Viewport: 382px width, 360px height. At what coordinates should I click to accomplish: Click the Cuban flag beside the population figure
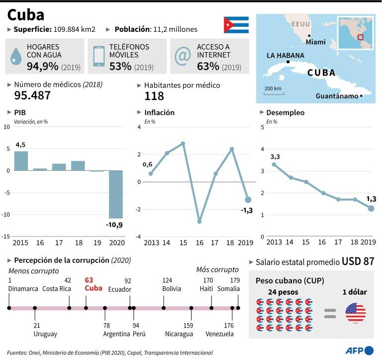click(236, 24)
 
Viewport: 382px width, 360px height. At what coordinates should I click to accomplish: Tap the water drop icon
click(16, 56)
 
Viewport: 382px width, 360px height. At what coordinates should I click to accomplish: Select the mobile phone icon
click(98, 56)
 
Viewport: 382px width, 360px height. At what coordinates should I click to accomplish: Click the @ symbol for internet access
click(183, 56)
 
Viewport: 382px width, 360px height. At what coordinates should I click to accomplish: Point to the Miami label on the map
click(315, 42)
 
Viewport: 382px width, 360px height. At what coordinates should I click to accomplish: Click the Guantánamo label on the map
click(337, 96)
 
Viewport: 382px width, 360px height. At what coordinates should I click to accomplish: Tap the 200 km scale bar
click(274, 94)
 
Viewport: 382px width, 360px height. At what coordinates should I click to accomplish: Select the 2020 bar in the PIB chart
click(116, 194)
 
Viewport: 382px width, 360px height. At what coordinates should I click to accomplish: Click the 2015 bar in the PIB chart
click(21, 161)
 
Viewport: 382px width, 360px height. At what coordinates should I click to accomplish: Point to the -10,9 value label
click(114, 225)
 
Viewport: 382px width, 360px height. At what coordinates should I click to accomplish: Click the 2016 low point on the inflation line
click(199, 222)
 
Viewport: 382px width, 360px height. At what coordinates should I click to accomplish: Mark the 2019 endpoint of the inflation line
click(248, 200)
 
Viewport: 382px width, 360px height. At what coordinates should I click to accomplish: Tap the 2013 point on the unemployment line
click(274, 164)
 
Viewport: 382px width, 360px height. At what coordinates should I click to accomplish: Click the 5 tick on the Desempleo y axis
click(262, 127)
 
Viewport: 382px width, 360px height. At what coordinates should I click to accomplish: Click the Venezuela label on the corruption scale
click(219, 334)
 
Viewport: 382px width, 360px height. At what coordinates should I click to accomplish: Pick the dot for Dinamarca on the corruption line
click(9, 308)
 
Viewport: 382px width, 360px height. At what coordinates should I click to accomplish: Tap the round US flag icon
click(356, 313)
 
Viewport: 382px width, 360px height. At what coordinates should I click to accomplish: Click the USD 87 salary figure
click(358, 261)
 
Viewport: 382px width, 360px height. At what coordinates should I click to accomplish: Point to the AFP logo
click(359, 351)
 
